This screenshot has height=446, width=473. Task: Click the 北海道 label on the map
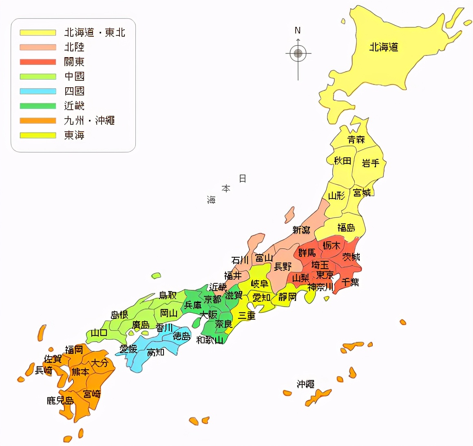pyautogui.click(x=383, y=47)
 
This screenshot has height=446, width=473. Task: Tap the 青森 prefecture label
pyautogui.click(x=356, y=140)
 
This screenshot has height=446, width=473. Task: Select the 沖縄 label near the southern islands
pyautogui.click(x=305, y=384)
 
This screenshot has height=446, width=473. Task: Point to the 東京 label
pyautogui.click(x=325, y=275)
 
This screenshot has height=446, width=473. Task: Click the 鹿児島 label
pyautogui.click(x=60, y=401)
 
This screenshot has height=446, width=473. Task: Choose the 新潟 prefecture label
pyautogui.click(x=301, y=230)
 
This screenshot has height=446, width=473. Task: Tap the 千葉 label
pyautogui.click(x=350, y=282)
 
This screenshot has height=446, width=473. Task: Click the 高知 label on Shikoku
pyautogui.click(x=155, y=352)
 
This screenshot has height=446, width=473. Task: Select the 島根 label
pyautogui.click(x=119, y=315)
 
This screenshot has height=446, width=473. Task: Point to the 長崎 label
pyautogui.click(x=44, y=371)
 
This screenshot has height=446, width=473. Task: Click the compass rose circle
pyautogui.click(x=298, y=53)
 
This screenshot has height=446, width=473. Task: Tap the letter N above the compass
pyautogui.click(x=298, y=31)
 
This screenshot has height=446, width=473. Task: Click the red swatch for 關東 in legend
pyautogui.click(x=38, y=62)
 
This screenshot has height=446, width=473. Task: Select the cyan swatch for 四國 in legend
pyautogui.click(x=38, y=91)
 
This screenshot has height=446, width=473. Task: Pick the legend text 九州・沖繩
pyautogui.click(x=89, y=121)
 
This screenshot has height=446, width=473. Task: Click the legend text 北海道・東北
pyautogui.click(x=95, y=33)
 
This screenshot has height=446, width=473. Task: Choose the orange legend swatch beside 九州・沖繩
pyautogui.click(x=38, y=121)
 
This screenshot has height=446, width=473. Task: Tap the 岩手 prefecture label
pyautogui.click(x=371, y=163)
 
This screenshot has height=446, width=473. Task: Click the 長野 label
pyautogui.click(x=283, y=267)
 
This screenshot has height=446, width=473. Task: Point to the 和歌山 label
pyautogui.click(x=210, y=340)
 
